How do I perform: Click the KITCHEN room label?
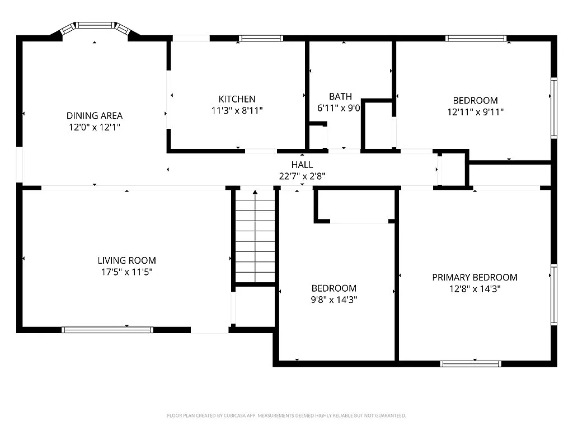tap(237, 99)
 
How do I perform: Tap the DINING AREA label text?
tap(95, 116)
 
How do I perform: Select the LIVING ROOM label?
tap(126, 260)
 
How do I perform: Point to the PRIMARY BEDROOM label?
tap(475, 277)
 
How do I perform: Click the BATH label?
tap(340, 96)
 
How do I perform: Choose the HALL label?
tap(302, 165)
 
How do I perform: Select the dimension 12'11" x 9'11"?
tap(475, 111)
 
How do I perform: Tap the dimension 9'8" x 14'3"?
tap(334, 300)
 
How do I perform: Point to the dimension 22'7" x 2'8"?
tap(302, 176)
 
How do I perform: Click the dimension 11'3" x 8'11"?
tap(237, 110)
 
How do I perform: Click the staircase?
tap(255, 238)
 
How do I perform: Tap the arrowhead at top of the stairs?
tap(255, 193)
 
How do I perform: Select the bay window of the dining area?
tap(95, 26)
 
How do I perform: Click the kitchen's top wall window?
tap(261, 39)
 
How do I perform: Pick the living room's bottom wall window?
tap(107, 330)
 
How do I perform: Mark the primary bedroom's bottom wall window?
tap(471, 364)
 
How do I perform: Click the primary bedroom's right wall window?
tap(553, 295)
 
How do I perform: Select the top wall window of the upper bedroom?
tap(476, 39)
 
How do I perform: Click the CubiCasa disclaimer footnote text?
tap(286, 415)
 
